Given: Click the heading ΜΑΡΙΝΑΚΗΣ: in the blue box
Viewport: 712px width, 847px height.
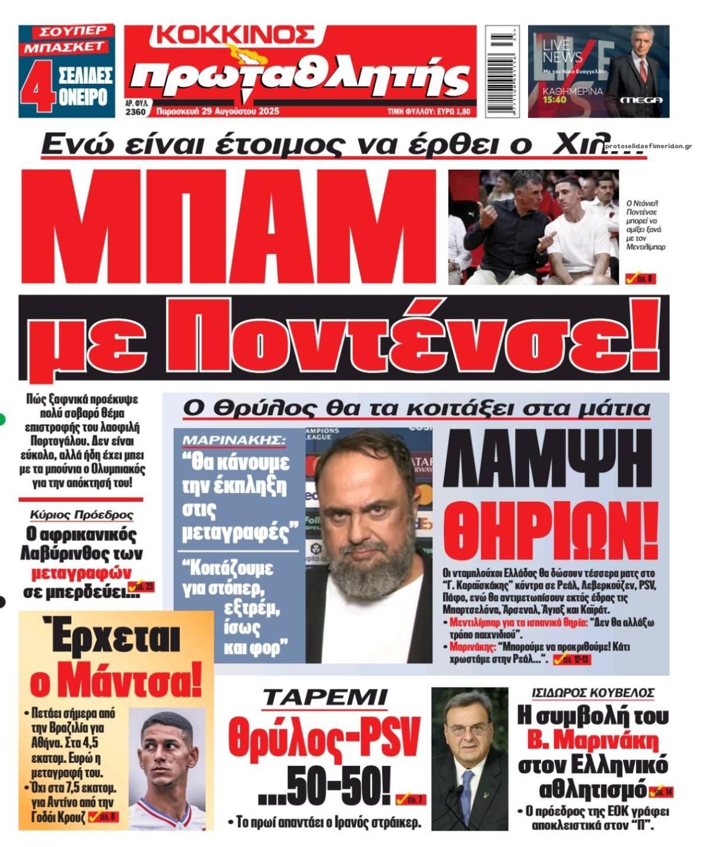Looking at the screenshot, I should click(234, 441).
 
